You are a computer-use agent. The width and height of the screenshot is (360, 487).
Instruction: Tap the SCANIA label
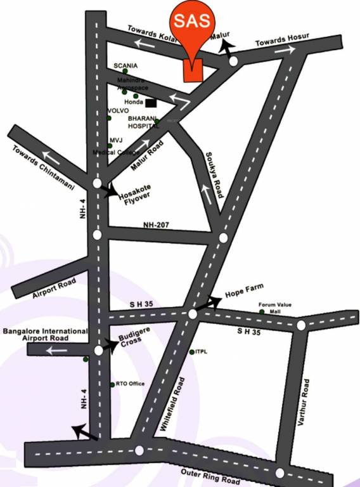pos(125,65)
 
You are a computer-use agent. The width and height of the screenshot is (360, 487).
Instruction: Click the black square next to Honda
pos(151,102)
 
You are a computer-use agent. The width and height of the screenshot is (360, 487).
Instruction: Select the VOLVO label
pos(118,111)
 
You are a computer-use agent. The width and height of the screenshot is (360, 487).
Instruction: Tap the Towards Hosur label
pos(282,40)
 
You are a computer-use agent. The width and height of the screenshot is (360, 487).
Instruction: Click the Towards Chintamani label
pos(44,169)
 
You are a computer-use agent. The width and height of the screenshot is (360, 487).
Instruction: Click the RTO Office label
pos(131,384)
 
